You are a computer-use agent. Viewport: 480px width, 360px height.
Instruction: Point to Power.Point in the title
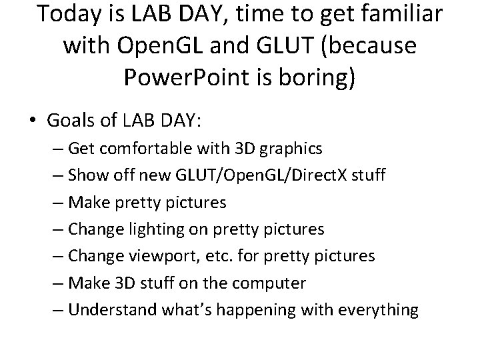pos(187,78)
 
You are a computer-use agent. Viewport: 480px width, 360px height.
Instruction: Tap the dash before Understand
pos(57,310)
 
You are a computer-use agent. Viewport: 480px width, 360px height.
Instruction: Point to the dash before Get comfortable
pos(57,147)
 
